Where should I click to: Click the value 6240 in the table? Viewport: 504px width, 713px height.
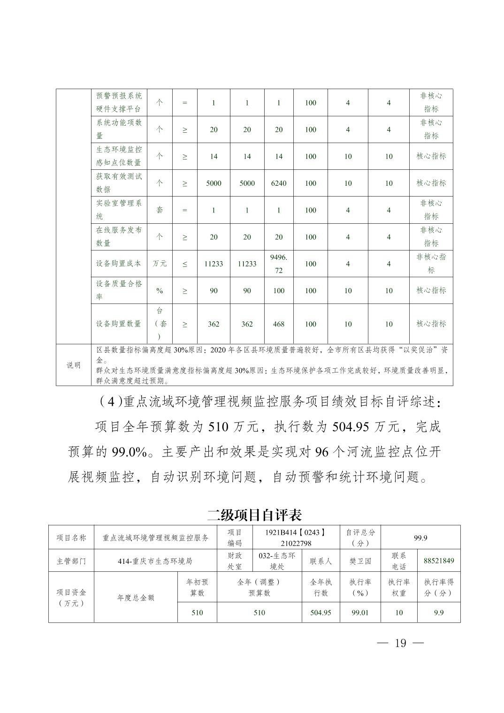[279, 183]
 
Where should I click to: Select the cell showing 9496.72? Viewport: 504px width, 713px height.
[279, 264]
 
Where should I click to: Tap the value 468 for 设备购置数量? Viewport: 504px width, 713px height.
[279, 324]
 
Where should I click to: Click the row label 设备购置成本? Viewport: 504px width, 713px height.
[119, 264]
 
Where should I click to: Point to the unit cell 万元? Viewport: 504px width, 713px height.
[160, 264]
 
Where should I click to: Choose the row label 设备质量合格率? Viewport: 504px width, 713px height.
[119, 290]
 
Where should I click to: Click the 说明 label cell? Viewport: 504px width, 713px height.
[73, 365]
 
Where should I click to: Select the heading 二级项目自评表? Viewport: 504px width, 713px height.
[254, 515]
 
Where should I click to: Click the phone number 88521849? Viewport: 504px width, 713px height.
[439, 561]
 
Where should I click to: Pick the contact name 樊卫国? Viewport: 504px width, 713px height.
[360, 561]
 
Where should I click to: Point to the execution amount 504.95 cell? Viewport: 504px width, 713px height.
[321, 613]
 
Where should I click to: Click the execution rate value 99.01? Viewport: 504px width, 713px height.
[360, 613]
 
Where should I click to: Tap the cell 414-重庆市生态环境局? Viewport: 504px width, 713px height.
[155, 561]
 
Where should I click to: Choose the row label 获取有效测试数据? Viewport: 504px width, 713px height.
[119, 183]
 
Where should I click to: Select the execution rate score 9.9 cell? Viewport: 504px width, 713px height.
[439, 613]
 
